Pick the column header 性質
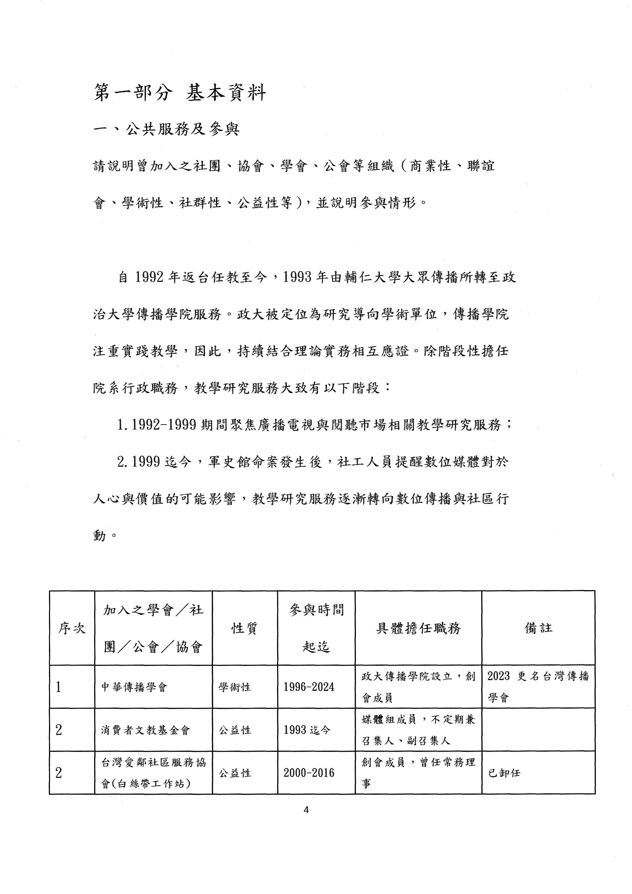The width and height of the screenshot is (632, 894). (x=244, y=628)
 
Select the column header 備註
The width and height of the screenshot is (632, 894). (x=538, y=628)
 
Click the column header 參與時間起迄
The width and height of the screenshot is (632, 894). (x=316, y=628)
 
